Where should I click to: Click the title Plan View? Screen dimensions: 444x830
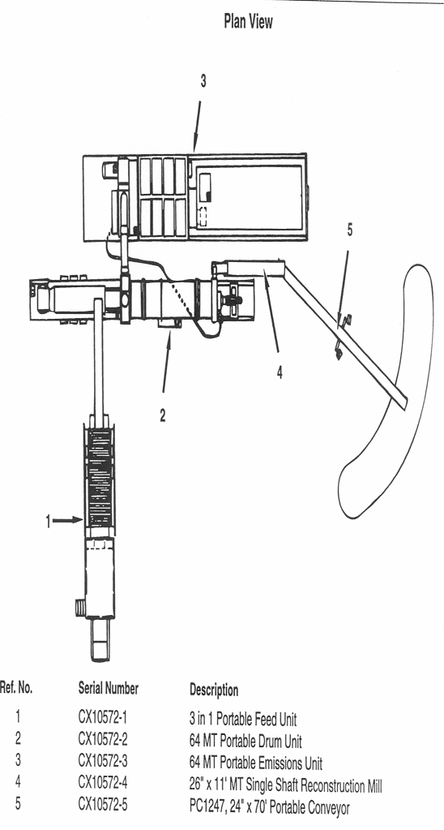(x=248, y=22)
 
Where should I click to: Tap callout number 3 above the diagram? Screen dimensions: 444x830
(x=203, y=81)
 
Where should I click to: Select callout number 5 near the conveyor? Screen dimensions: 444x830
(x=349, y=230)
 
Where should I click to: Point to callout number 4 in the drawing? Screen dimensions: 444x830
(x=280, y=372)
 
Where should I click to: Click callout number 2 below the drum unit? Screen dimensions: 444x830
(x=163, y=416)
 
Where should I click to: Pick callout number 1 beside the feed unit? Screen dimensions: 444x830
(x=48, y=522)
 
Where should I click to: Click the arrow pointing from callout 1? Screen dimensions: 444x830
(x=68, y=521)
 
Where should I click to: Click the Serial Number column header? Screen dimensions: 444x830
(x=109, y=689)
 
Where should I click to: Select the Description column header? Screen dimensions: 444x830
(x=214, y=690)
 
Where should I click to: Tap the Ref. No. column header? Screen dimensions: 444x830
(x=16, y=688)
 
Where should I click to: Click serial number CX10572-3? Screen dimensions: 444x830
(x=103, y=761)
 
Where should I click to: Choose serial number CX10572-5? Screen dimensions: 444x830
(x=103, y=805)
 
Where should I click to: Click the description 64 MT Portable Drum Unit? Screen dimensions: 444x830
(x=245, y=741)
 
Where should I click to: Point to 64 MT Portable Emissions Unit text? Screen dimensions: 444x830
(x=256, y=763)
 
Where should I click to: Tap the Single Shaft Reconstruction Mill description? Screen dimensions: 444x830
(x=285, y=785)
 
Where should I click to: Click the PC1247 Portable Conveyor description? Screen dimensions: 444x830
(x=269, y=808)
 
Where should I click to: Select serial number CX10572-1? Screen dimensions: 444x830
(x=103, y=718)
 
